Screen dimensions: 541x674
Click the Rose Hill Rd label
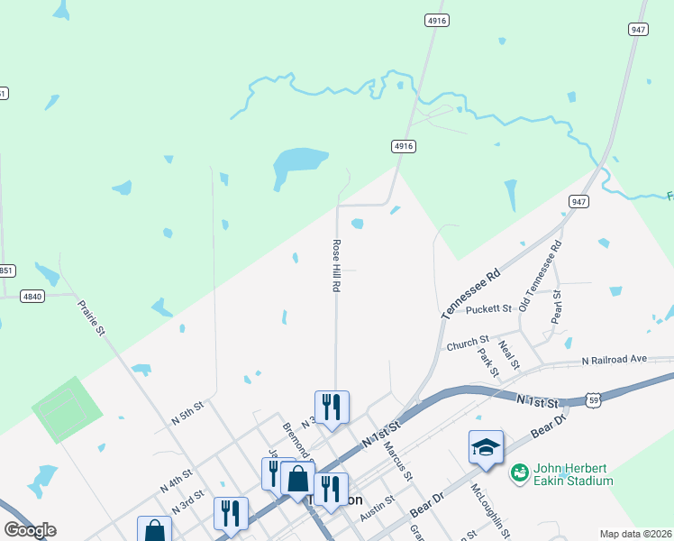tap(336, 265)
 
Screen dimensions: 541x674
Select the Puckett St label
tap(489, 309)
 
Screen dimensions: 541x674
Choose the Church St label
tap(467, 344)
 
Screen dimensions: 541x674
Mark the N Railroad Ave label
tap(615, 359)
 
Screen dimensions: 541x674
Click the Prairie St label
tap(91, 318)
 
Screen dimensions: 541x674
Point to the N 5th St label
tap(188, 416)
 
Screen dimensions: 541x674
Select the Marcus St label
tap(396, 460)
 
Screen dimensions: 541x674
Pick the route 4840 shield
tap(32, 295)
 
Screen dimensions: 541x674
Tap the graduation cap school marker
tap(485, 447)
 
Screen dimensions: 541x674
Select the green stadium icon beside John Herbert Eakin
tap(519, 472)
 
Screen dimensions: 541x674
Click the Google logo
tap(30, 530)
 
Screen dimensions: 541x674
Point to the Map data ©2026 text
tap(635, 534)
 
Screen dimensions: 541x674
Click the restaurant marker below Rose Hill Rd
tap(332, 408)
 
